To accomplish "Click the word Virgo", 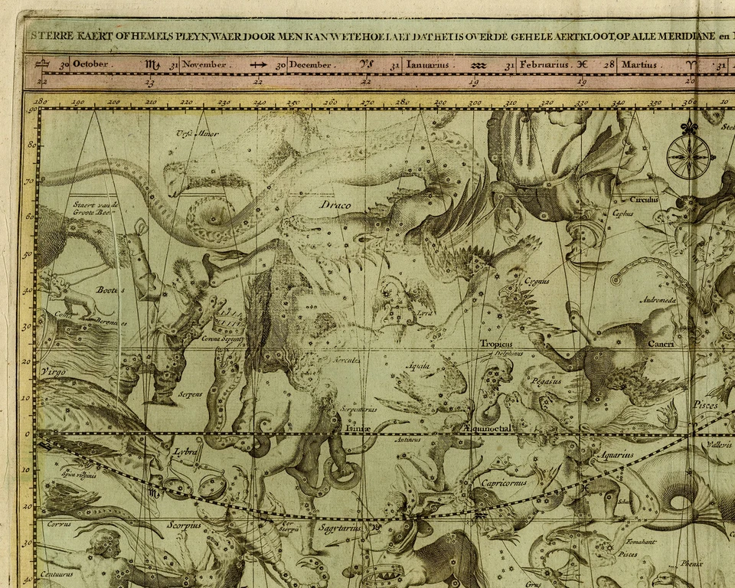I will pyautogui.click(x=51, y=372).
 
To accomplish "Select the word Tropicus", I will pyautogui.click(x=495, y=344).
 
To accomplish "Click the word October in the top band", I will pyautogui.click(x=90, y=65).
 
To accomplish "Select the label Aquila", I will pyautogui.click(x=418, y=367).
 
